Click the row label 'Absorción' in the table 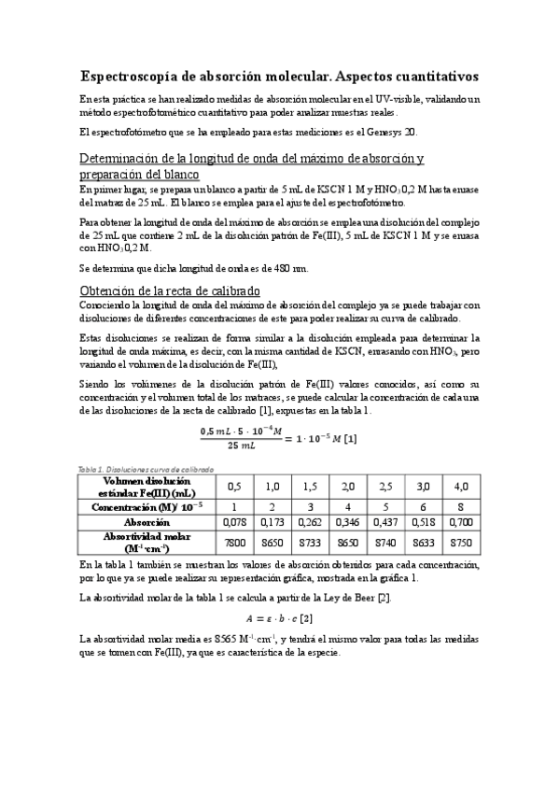pos(147,522)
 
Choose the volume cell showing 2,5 pos(384,487)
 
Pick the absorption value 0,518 pos(422,522)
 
